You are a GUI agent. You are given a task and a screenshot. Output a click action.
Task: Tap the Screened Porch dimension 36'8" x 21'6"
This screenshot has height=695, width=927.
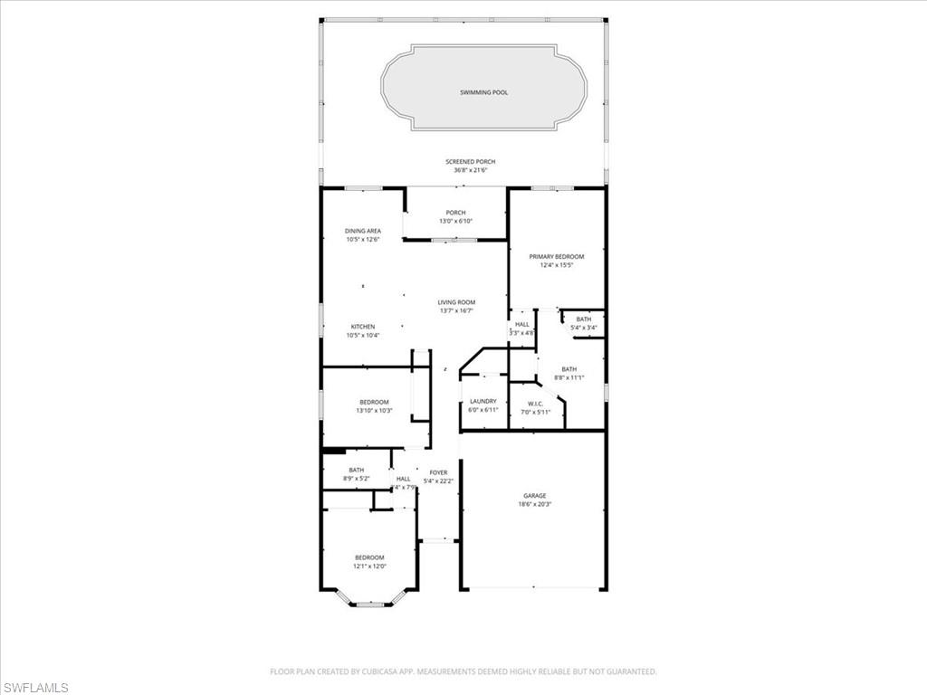click(470, 170)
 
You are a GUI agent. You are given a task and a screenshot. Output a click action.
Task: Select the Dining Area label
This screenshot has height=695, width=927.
click(362, 231)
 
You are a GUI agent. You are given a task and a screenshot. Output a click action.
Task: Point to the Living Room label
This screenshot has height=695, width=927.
click(456, 302)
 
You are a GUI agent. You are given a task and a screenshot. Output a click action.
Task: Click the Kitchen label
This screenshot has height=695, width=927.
click(362, 327)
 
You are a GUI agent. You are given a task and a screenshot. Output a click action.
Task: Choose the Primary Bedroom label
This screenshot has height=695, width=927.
click(556, 257)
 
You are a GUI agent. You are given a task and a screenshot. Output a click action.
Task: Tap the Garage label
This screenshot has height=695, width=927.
click(534, 495)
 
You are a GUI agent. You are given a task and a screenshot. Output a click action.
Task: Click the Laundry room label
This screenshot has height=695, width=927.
click(483, 401)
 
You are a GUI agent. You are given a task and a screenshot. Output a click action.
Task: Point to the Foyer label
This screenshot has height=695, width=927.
click(438, 472)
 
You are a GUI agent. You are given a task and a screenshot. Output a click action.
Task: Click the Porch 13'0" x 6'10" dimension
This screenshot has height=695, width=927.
click(455, 221)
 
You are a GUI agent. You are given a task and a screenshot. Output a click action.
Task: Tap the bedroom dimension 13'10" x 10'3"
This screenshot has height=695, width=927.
click(374, 410)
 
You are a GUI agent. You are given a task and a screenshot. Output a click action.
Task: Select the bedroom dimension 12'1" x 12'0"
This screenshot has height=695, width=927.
click(369, 566)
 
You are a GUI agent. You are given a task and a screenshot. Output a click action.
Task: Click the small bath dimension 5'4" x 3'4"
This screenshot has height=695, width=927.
click(583, 327)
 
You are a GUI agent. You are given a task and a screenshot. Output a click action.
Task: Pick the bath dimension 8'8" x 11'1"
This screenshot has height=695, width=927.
click(569, 377)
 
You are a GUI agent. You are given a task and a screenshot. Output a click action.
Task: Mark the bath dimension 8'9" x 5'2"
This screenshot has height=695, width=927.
click(357, 478)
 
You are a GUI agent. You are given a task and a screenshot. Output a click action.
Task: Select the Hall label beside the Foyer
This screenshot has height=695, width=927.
click(403, 479)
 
